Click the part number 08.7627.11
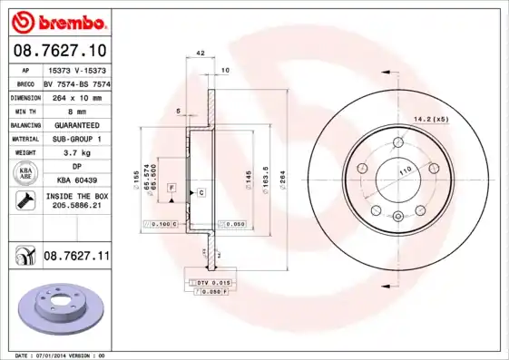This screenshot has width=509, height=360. click(76, 257)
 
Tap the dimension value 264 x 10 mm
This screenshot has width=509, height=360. click(74, 96)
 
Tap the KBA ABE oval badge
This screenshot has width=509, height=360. click(25, 174)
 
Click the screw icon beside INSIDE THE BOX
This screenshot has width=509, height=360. click(24, 200)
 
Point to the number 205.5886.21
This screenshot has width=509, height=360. click(75, 206)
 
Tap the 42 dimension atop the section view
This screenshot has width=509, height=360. click(199, 54)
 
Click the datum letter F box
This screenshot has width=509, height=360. click(171, 186)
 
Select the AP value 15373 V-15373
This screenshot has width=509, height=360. click(75, 69)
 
